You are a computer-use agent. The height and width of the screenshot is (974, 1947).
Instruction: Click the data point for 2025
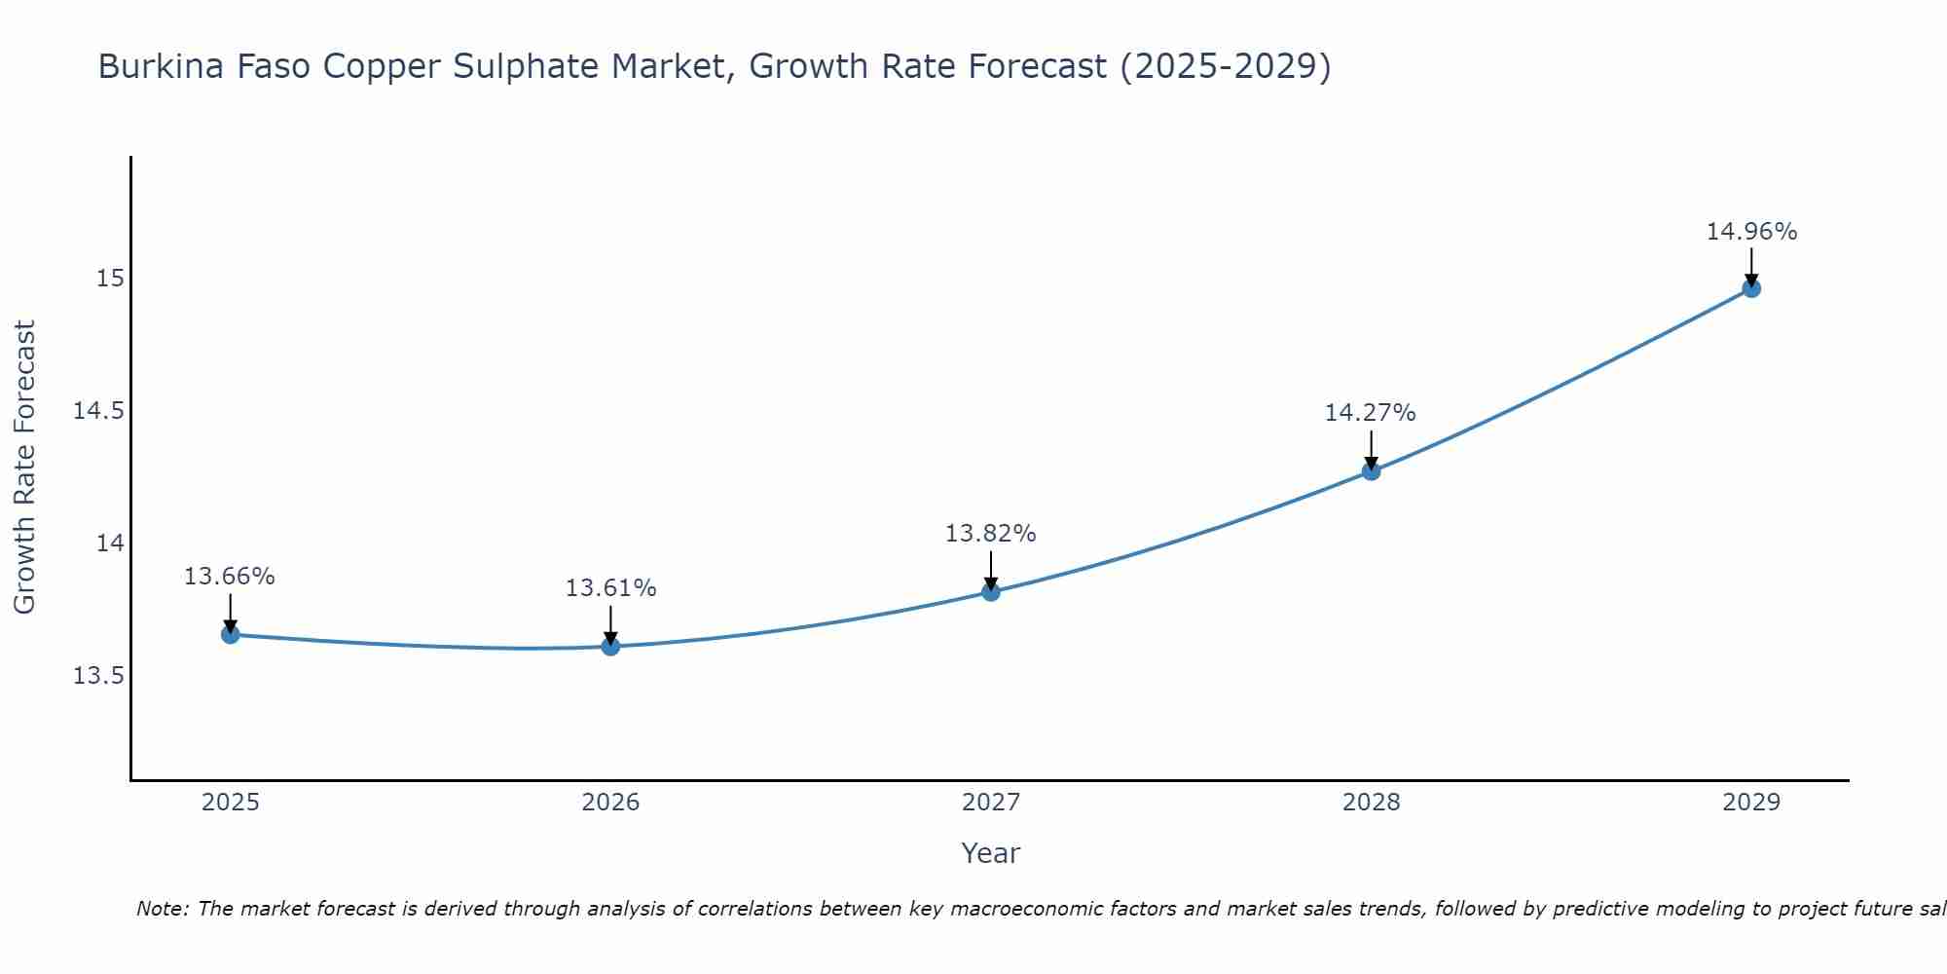231,635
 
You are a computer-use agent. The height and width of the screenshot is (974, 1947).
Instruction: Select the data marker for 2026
610,647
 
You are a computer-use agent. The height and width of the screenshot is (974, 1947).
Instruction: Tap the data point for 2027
991,591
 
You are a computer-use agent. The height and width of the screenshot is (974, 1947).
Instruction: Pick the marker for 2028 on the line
1371,471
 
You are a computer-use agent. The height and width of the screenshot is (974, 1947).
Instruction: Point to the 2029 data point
1751,288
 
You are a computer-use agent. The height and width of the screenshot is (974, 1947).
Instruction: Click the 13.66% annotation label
230,577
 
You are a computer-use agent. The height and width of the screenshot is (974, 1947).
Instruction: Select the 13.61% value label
610,588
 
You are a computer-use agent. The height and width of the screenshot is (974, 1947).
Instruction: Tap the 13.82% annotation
991,534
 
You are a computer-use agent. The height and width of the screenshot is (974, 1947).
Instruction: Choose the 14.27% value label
1370,413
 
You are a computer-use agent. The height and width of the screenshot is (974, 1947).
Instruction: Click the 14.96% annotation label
1751,232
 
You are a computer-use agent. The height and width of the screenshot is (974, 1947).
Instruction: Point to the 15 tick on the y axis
110,279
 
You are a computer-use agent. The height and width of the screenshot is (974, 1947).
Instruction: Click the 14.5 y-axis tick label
99,411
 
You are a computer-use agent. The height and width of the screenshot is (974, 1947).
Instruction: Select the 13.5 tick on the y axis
99,676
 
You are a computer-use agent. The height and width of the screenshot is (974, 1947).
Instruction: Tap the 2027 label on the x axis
991,803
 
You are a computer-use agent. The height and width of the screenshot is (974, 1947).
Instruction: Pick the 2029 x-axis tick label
1751,803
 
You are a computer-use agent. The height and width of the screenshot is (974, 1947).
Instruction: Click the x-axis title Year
990,853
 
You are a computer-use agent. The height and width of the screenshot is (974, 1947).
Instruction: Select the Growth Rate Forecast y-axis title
24,468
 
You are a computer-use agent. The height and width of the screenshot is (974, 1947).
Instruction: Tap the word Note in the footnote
161,909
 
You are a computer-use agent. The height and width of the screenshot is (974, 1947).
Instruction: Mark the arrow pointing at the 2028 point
1371,450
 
